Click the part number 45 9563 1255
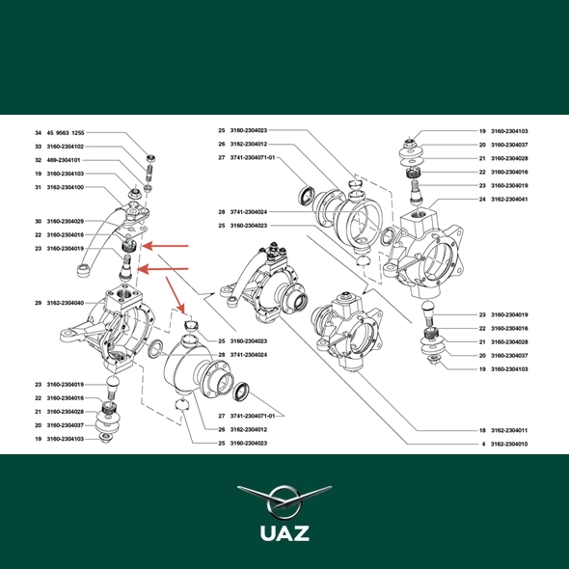(x=66, y=133)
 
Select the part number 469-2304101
(x=64, y=160)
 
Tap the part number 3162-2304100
(x=66, y=188)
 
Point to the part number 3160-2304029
(x=66, y=222)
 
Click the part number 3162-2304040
(x=66, y=303)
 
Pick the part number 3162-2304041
(x=509, y=200)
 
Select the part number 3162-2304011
(x=509, y=431)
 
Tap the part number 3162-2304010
(x=509, y=445)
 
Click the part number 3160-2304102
(x=66, y=147)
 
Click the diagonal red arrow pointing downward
(x=176, y=295)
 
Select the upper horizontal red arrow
(x=165, y=246)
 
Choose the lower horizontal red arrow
(x=164, y=269)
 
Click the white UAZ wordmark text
(x=284, y=533)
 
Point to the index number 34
(x=39, y=133)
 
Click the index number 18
(x=482, y=431)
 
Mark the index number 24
(x=482, y=200)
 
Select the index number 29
(x=39, y=303)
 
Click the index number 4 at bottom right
(x=483, y=445)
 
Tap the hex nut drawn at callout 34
(x=151, y=158)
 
